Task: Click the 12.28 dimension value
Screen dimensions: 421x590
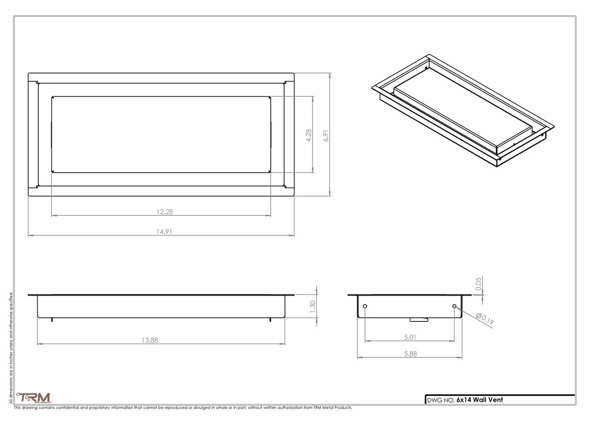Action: [x=165, y=212]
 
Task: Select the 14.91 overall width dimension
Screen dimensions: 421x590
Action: [x=164, y=232]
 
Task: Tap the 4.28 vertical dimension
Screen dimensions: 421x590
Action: [x=309, y=135]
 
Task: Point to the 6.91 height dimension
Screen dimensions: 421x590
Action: [x=326, y=135]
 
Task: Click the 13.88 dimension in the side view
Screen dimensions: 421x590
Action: [x=150, y=340]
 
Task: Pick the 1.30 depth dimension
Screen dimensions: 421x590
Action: [x=313, y=306]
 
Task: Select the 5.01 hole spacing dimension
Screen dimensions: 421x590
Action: [x=410, y=337]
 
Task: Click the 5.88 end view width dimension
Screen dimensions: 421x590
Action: [x=410, y=354]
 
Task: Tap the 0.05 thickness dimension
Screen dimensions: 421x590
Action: [x=479, y=283]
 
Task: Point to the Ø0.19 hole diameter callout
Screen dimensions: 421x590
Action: [x=485, y=319]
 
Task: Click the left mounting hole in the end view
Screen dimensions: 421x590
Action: [x=365, y=306]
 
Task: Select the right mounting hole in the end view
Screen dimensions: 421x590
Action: [x=454, y=306]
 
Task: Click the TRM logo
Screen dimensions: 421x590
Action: [x=34, y=398]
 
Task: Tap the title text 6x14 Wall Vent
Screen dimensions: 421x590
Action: [x=480, y=400]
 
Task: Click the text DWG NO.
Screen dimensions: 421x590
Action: [x=441, y=400]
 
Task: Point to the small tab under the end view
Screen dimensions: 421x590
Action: [x=419, y=320]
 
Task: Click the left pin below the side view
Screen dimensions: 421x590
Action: [x=52, y=320]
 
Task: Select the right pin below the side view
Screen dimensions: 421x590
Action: [x=270, y=320]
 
